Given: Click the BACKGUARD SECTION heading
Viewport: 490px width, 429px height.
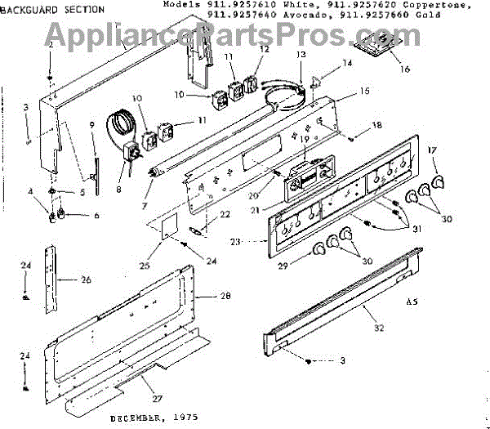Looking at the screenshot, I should pyautogui.click(x=53, y=10).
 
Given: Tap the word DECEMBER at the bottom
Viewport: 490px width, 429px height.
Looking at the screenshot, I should pyautogui.click(x=135, y=418).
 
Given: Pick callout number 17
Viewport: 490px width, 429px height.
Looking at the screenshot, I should pyautogui.click(x=434, y=151).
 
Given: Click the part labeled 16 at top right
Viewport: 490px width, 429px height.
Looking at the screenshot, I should pyautogui.click(x=380, y=46).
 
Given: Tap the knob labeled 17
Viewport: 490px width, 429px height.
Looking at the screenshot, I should pyautogui.click(x=438, y=180).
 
